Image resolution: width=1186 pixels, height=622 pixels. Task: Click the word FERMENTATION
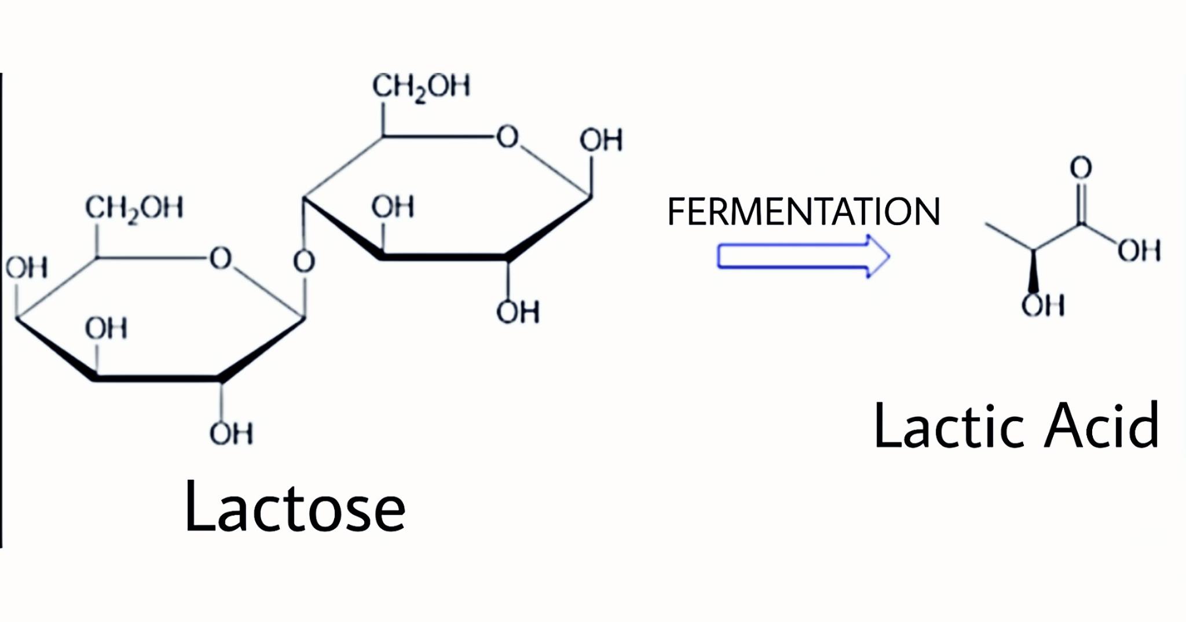(x=803, y=211)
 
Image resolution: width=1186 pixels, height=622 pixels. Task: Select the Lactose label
(x=295, y=507)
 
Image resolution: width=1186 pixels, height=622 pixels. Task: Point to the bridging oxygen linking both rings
(x=304, y=262)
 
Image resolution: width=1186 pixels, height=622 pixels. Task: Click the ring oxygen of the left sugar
(x=221, y=258)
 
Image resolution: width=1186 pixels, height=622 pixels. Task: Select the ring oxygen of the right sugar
(x=507, y=137)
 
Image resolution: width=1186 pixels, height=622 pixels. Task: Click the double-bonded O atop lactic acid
(x=1081, y=168)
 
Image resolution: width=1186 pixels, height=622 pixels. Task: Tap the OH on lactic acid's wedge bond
(x=1043, y=305)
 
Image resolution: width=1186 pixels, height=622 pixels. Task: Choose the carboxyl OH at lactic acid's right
(x=1139, y=251)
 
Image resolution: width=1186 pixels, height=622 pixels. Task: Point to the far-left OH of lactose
(x=26, y=268)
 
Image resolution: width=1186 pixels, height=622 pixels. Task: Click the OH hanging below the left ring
(x=231, y=433)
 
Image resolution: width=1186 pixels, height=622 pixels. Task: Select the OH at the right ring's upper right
(x=601, y=140)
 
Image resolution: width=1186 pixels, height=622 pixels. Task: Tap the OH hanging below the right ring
(x=518, y=312)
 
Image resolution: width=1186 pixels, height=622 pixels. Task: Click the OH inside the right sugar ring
(x=393, y=207)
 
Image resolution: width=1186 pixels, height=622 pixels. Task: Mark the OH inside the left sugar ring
(x=106, y=328)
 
